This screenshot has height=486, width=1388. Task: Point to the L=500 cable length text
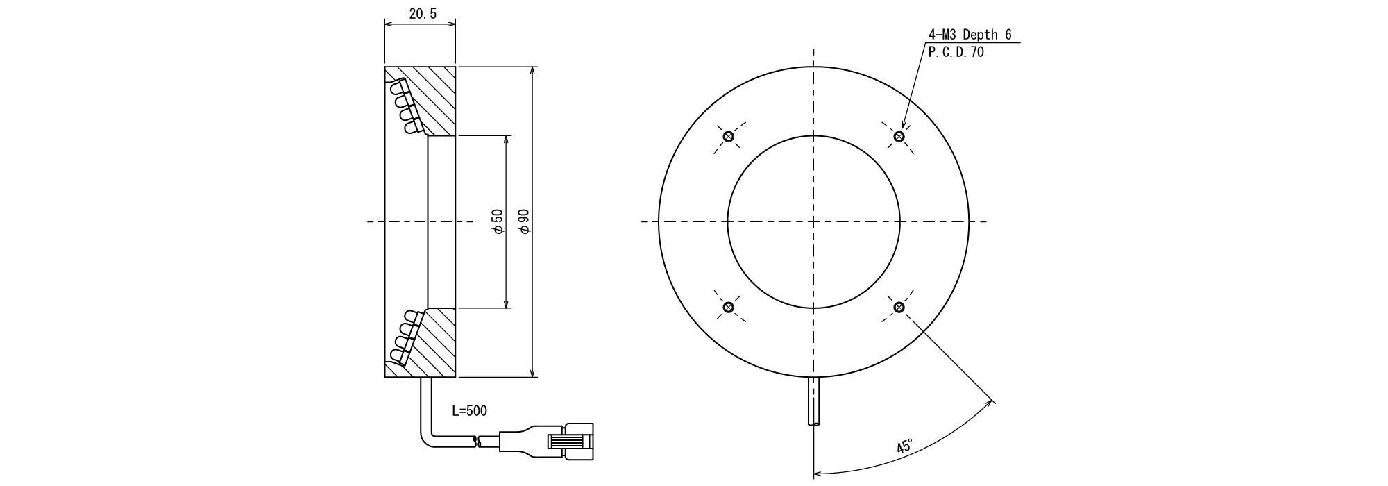tap(469, 411)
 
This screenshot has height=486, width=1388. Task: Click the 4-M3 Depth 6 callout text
tap(970, 35)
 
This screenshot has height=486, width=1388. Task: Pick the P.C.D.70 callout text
tap(956, 53)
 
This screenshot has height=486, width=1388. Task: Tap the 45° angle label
tap(904, 446)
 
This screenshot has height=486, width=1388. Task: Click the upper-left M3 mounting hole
tap(728, 136)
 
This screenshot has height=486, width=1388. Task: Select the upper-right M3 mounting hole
tap(899, 136)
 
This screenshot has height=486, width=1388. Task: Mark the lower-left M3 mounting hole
tap(728, 307)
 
